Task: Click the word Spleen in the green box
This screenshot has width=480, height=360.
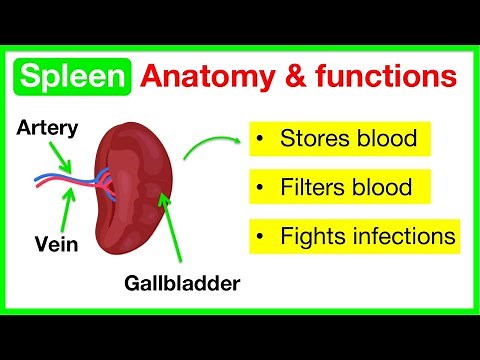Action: [x=73, y=76]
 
